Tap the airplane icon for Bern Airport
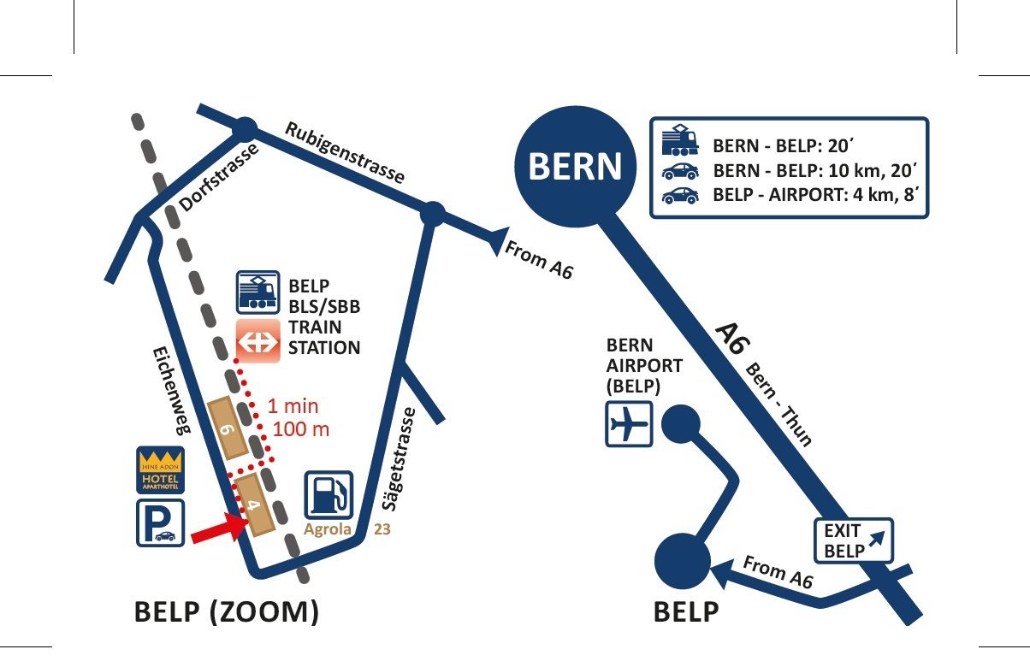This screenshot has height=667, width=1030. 629,422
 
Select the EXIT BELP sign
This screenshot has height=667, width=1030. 852,540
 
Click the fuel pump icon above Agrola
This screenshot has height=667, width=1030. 329,495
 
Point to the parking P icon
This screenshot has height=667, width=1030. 160,523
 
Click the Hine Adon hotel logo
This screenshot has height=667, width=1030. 160,470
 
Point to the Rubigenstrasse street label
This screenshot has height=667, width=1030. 344,152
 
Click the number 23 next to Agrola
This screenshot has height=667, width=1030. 382,529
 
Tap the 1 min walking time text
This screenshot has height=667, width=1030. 293,406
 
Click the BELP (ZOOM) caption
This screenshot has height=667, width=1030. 227,612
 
